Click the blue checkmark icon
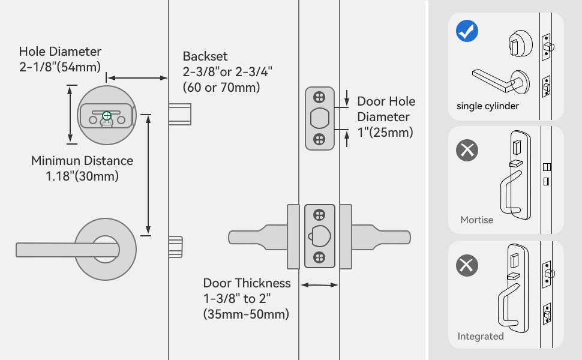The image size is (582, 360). [x=467, y=31]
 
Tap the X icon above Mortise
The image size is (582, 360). [x=467, y=149]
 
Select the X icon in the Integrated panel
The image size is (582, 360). [x=467, y=265]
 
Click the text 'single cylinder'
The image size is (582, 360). [x=488, y=106]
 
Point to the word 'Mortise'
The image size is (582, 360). [x=476, y=220]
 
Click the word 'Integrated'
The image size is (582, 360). [x=481, y=336]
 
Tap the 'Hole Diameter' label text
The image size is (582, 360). [x=60, y=52]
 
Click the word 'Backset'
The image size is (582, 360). [x=205, y=56]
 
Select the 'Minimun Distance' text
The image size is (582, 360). [x=82, y=161]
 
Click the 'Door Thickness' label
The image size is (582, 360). [x=247, y=283]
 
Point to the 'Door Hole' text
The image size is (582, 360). [x=386, y=101]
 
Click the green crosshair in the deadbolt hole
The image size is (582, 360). [x=107, y=115]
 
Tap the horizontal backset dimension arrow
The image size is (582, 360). [x=137, y=77]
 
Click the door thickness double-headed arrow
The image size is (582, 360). [x=319, y=286]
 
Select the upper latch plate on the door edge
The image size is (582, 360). [x=319, y=119]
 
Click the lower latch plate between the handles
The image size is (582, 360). [x=319, y=236]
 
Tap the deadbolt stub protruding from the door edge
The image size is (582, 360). [x=179, y=114]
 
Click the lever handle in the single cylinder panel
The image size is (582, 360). [x=498, y=80]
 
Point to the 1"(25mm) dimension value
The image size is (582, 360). [x=385, y=133]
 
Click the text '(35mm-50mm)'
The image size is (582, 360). [x=245, y=314]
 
